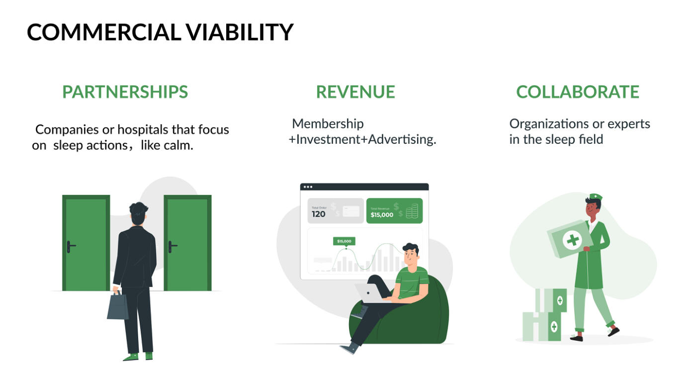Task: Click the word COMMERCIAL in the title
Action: point(104,32)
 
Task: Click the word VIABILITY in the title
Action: point(240,32)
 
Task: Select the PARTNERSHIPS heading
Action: point(125,92)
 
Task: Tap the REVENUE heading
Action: point(355,92)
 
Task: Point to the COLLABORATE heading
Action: point(578,92)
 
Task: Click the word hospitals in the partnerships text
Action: point(143,130)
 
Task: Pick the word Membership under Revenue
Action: point(328,124)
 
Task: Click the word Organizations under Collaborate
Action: point(549,124)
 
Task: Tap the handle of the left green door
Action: point(71,247)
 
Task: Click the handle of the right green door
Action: point(173,247)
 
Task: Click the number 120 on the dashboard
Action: point(319,214)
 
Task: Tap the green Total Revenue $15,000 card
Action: point(395,211)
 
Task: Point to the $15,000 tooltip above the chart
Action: point(344,241)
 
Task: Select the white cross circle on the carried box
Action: point(572,240)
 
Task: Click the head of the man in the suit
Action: point(138,213)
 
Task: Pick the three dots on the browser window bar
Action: point(308,187)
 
